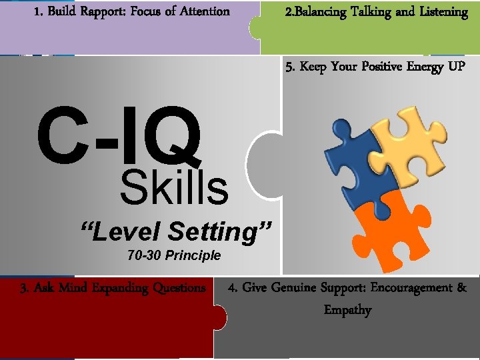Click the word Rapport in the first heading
pos(102,11)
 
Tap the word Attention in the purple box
pos(201,11)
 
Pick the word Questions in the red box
pos(179,288)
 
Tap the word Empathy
pos(347,310)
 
